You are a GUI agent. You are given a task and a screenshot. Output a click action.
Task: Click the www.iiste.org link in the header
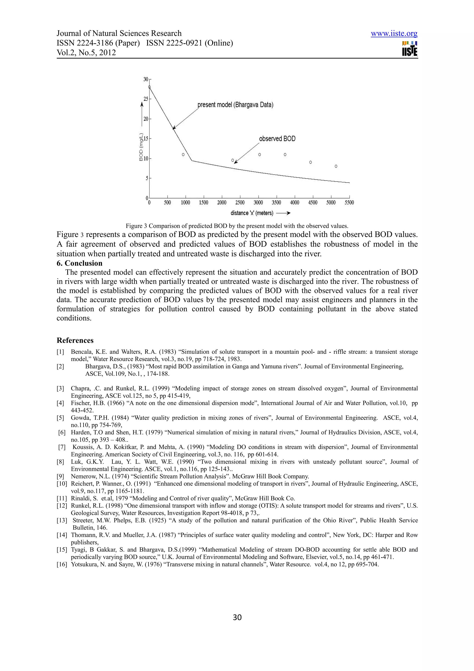(x=394, y=34)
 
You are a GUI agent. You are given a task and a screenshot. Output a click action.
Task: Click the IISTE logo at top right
(x=409, y=49)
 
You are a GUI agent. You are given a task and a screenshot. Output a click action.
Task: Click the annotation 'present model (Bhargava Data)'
(x=235, y=105)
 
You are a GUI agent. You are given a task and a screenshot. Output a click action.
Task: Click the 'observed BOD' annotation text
(x=277, y=138)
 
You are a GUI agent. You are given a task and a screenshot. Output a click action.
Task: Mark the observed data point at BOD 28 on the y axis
(x=150, y=87)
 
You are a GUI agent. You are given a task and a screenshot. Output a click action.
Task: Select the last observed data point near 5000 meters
(x=336, y=166)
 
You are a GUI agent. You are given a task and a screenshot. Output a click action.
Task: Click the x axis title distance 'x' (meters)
(x=252, y=213)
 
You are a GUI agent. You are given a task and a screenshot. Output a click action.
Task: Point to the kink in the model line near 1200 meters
(x=192, y=160)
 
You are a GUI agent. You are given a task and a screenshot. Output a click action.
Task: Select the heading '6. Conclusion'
(x=79, y=263)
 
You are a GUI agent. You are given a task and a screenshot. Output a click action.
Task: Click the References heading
(x=75, y=340)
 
